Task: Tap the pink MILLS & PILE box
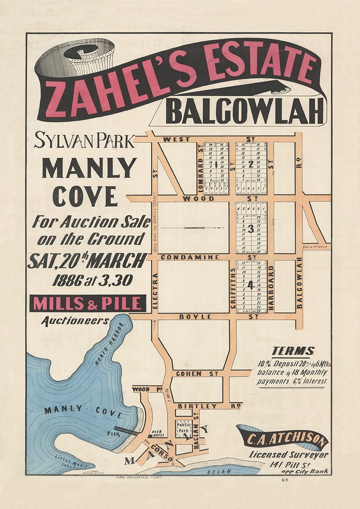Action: [88, 304]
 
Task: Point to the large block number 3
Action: [250, 229]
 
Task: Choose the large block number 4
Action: [250, 285]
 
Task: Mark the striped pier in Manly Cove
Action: [126, 431]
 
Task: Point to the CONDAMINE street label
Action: [190, 257]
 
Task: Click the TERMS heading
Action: [293, 351]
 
